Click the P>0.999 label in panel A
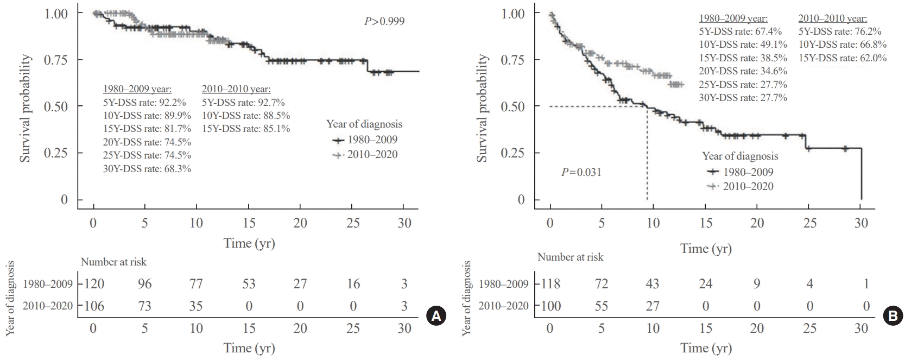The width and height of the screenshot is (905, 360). pyautogui.click(x=384, y=22)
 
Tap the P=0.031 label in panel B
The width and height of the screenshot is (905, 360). pyautogui.click(x=581, y=173)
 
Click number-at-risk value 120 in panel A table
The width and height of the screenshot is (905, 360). pyautogui.click(x=93, y=284)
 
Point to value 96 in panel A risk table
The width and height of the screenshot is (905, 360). pyautogui.click(x=144, y=284)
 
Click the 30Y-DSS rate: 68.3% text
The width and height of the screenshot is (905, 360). pyautogui.click(x=147, y=169)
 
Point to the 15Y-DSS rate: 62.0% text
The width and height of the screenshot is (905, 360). pyautogui.click(x=842, y=58)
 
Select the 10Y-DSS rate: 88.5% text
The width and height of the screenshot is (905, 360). pyautogui.click(x=245, y=116)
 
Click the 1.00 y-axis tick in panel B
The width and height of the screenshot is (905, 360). pyautogui.click(x=513, y=13)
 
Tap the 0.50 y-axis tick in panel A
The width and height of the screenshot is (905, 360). pyautogui.click(x=56, y=106)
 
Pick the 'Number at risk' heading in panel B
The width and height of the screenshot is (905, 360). pyautogui.click(x=570, y=257)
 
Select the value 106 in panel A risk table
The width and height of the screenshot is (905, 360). pyautogui.click(x=93, y=306)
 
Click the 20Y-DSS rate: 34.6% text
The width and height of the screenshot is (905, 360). pyautogui.click(x=743, y=71)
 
